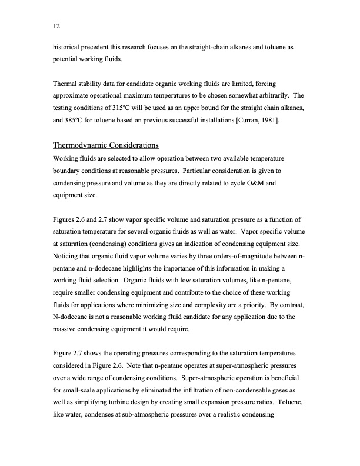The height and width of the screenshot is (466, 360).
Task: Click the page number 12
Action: (56, 26)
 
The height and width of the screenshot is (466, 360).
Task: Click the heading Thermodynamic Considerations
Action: (106, 145)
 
